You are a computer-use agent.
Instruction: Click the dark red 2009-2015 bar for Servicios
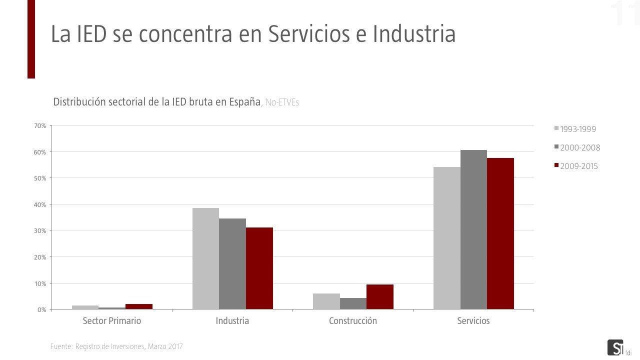point(500,233)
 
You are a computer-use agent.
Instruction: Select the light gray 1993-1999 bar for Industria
point(205,258)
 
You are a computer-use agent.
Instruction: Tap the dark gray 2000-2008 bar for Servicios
point(473,229)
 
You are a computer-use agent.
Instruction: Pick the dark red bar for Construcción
point(380,297)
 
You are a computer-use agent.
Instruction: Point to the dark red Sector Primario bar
point(139,306)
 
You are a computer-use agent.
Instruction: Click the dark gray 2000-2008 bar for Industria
point(232,263)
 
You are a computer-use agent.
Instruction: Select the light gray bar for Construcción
point(326,301)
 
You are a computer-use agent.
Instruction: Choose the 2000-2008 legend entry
point(579,147)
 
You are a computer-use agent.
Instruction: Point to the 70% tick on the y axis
point(40,125)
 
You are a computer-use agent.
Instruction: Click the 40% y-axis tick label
point(40,204)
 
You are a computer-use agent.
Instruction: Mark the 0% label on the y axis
point(41,309)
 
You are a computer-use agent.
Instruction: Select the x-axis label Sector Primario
point(112,321)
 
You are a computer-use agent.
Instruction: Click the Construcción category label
point(353,321)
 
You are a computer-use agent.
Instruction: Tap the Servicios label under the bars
point(473,321)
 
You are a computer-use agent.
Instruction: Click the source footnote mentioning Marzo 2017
point(116,346)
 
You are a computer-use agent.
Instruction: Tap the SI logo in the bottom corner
point(615,347)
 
